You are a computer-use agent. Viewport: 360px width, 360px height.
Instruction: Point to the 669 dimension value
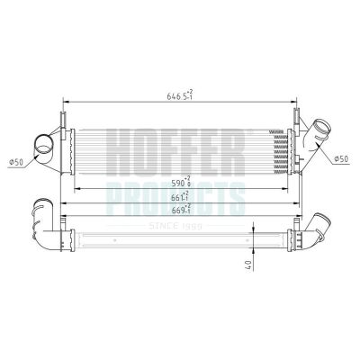181,209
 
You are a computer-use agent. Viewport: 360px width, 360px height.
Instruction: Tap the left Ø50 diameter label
15,162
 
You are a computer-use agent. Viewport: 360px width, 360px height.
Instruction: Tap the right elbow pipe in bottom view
317,232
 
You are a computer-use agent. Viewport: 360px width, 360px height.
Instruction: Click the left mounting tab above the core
62,120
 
